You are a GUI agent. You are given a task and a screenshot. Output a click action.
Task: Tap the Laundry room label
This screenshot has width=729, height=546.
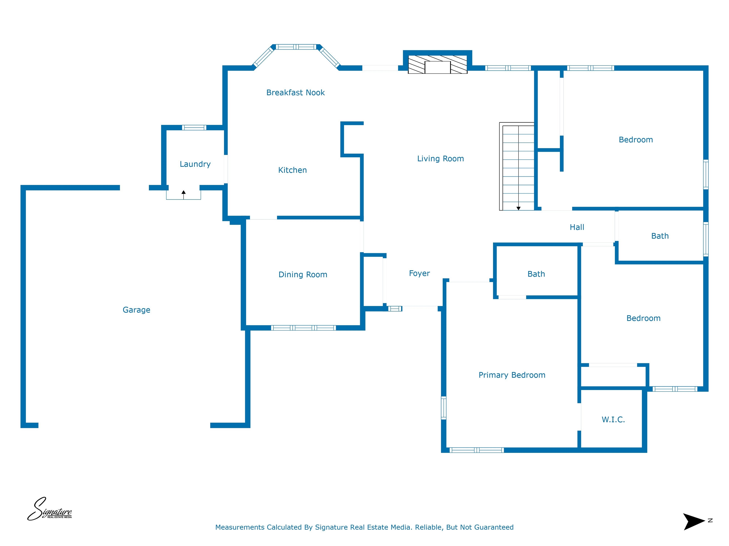[195, 164]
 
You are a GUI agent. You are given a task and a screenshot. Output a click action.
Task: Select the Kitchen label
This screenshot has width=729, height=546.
[292, 170]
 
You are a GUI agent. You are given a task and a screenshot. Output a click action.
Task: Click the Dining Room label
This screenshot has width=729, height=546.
[303, 274]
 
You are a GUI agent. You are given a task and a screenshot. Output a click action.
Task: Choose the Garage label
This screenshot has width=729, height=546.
[136, 310]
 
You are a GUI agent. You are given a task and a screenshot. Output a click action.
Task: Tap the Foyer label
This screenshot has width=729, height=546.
[419, 273]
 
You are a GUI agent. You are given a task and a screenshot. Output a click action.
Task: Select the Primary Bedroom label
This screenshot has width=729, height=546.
[512, 375]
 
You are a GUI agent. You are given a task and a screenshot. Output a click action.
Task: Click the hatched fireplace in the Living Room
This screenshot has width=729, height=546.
[438, 64]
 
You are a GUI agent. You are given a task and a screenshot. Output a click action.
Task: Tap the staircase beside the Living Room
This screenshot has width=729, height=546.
[517, 167]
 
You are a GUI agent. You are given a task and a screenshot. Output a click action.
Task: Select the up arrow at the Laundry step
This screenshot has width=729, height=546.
[184, 195]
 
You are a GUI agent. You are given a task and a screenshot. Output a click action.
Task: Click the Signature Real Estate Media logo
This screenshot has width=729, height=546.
[49, 509]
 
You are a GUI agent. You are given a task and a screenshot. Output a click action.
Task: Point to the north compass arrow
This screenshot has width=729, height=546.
[694, 522]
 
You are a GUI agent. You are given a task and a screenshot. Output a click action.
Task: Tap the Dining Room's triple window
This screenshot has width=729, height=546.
[304, 328]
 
